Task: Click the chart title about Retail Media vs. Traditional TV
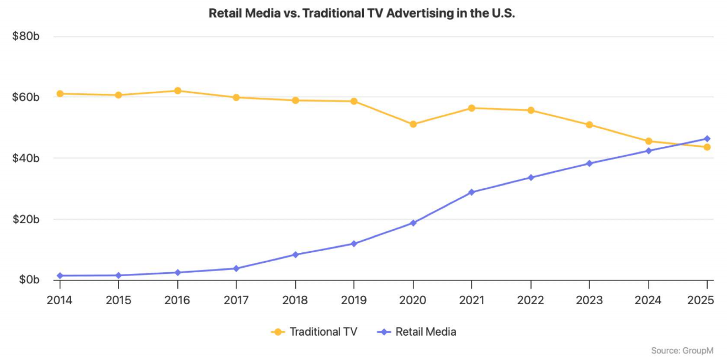pyautogui.click(x=362, y=13)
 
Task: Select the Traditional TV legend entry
pyautogui.click(x=315, y=332)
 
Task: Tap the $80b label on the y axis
pyautogui.click(x=25, y=36)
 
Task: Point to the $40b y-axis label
pyautogui.click(x=25, y=158)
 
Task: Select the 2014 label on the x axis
pyautogui.click(x=59, y=300)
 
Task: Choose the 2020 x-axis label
pyautogui.click(x=413, y=300)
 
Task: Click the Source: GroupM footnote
pyautogui.click(x=682, y=351)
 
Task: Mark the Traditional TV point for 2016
pyautogui.click(x=177, y=91)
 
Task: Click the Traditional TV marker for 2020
pyautogui.click(x=413, y=124)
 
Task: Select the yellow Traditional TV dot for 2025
pyautogui.click(x=707, y=147)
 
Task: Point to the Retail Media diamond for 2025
pyautogui.click(x=707, y=139)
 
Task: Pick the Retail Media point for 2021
pyautogui.click(x=471, y=192)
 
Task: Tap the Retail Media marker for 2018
pyautogui.click(x=295, y=255)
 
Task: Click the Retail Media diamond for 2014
pyautogui.click(x=60, y=276)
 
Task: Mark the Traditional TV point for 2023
pyautogui.click(x=589, y=125)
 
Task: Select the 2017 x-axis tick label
pyautogui.click(x=236, y=300)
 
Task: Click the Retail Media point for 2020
pyautogui.click(x=413, y=223)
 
